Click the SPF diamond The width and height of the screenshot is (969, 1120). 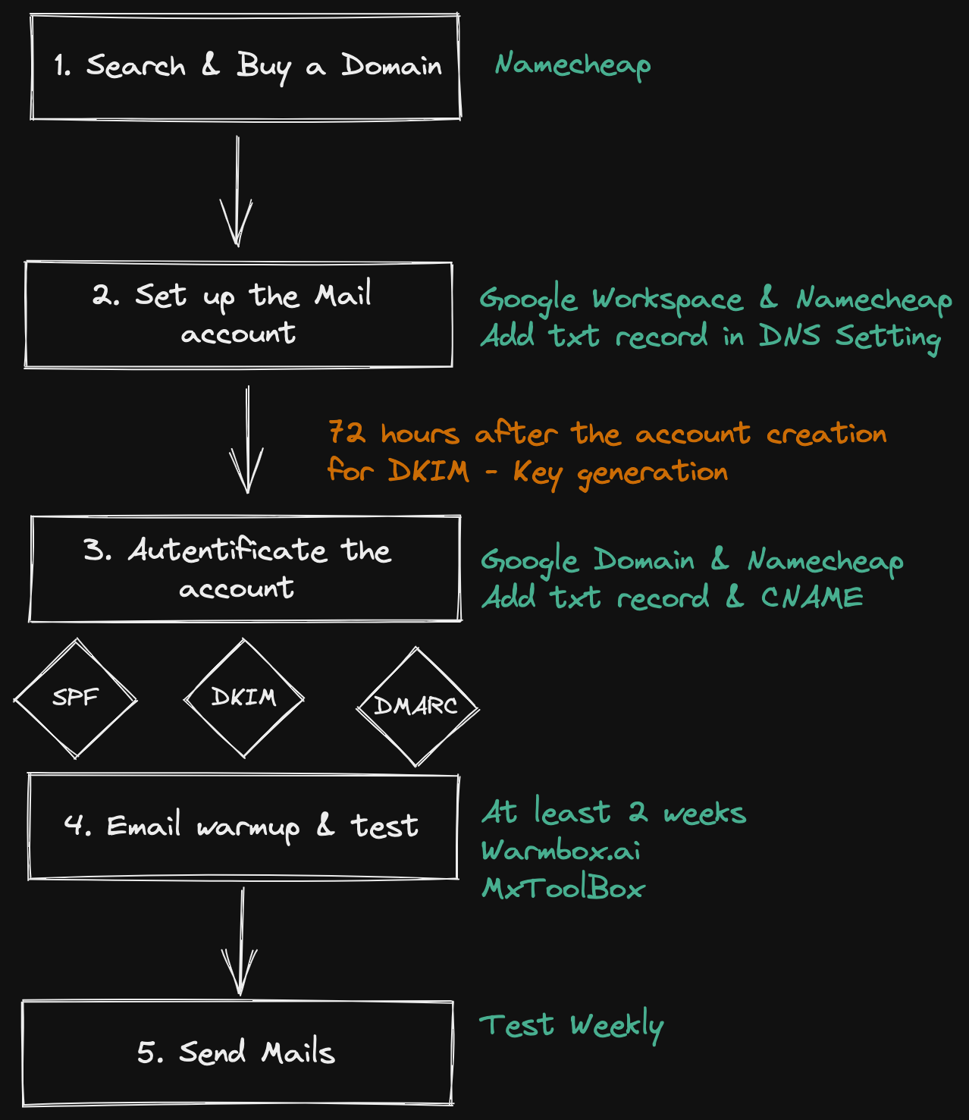pyautogui.click(x=75, y=698)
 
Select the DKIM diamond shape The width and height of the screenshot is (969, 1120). pyautogui.click(x=243, y=698)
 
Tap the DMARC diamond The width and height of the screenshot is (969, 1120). pyautogui.click(x=417, y=707)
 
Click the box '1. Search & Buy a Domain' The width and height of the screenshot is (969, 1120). pyautogui.click(x=246, y=67)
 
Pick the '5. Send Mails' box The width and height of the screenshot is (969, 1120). pyautogui.click(x=237, y=1053)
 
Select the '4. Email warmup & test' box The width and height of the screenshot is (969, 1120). pyautogui.click(x=243, y=826)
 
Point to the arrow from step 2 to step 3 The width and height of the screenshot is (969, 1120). pyautogui.click(x=247, y=440)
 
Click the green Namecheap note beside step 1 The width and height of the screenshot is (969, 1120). pyautogui.click(x=572, y=66)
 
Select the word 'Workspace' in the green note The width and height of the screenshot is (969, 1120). pyautogui.click(x=667, y=300)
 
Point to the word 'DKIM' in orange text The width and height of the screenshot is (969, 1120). pyautogui.click(x=428, y=471)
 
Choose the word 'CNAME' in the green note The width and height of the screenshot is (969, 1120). pyautogui.click(x=812, y=598)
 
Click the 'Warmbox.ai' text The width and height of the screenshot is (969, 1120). pyautogui.click(x=561, y=851)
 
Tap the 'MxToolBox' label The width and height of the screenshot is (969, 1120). pyautogui.click(x=563, y=888)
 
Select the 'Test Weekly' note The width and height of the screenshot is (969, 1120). pyautogui.click(x=571, y=1026)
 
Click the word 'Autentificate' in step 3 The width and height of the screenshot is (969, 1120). pyautogui.click(x=227, y=551)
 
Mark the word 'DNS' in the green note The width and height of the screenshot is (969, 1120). pyautogui.click(x=789, y=336)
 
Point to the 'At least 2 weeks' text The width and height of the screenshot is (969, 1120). pyautogui.click(x=613, y=813)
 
